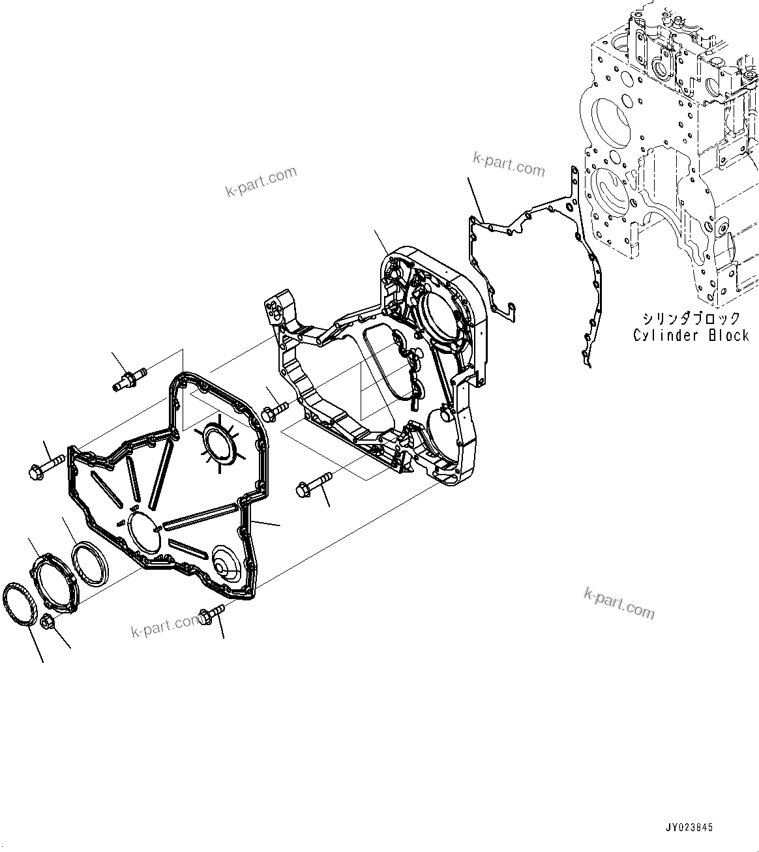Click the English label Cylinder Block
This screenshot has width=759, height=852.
[691, 335]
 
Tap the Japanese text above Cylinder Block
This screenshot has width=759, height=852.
[691, 319]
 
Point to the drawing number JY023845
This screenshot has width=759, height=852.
[689, 827]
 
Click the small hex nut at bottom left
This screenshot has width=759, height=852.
[48, 621]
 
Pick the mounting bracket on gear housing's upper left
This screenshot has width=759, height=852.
[278, 313]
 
